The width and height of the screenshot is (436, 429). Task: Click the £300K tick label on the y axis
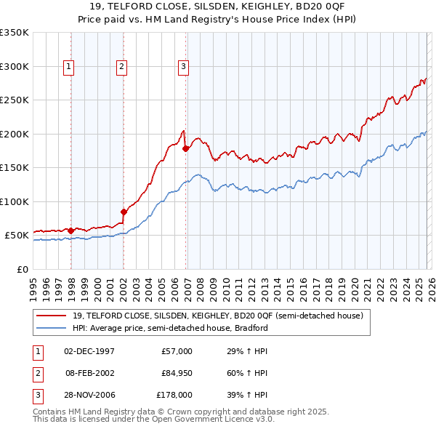point(14,66)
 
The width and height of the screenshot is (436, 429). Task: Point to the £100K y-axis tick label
point(14,201)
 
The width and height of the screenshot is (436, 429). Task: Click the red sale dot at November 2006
point(186,148)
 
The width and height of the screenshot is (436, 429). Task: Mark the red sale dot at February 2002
point(124,212)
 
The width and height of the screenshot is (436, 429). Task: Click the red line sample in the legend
point(52,316)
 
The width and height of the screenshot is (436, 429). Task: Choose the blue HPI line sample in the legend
point(52,328)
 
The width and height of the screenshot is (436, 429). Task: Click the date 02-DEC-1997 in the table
point(89,351)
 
